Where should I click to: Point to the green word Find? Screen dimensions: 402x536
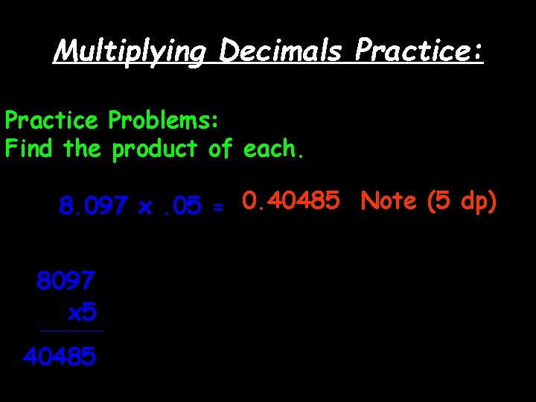[x=31, y=149]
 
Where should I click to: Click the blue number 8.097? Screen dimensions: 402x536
[x=93, y=206]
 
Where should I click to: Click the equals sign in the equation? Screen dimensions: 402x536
[x=218, y=208]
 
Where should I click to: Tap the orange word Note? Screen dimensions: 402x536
[x=389, y=201]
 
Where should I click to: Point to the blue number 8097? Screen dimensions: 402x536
[x=66, y=281]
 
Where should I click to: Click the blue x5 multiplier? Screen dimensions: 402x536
[x=82, y=313]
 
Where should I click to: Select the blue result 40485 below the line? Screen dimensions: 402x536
[x=60, y=358]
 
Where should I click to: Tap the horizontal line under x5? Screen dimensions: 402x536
[x=72, y=331]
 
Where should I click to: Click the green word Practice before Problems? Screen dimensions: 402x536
[x=51, y=120]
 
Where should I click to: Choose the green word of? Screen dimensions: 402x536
[x=220, y=149]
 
